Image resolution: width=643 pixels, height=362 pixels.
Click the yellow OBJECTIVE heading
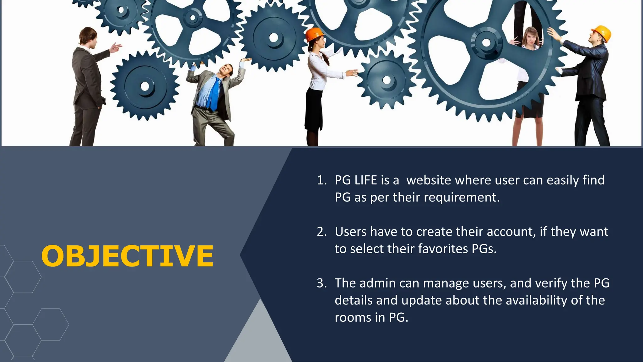point(127,256)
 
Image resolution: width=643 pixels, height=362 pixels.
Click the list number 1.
point(321,180)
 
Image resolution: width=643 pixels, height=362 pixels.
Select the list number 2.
point(321,232)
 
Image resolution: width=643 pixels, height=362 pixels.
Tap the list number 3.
point(321,283)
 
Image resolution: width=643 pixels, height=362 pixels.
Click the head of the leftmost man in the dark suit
point(88,35)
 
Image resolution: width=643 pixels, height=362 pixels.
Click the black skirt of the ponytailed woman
point(314,108)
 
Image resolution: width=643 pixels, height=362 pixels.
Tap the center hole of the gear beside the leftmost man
point(145,86)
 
